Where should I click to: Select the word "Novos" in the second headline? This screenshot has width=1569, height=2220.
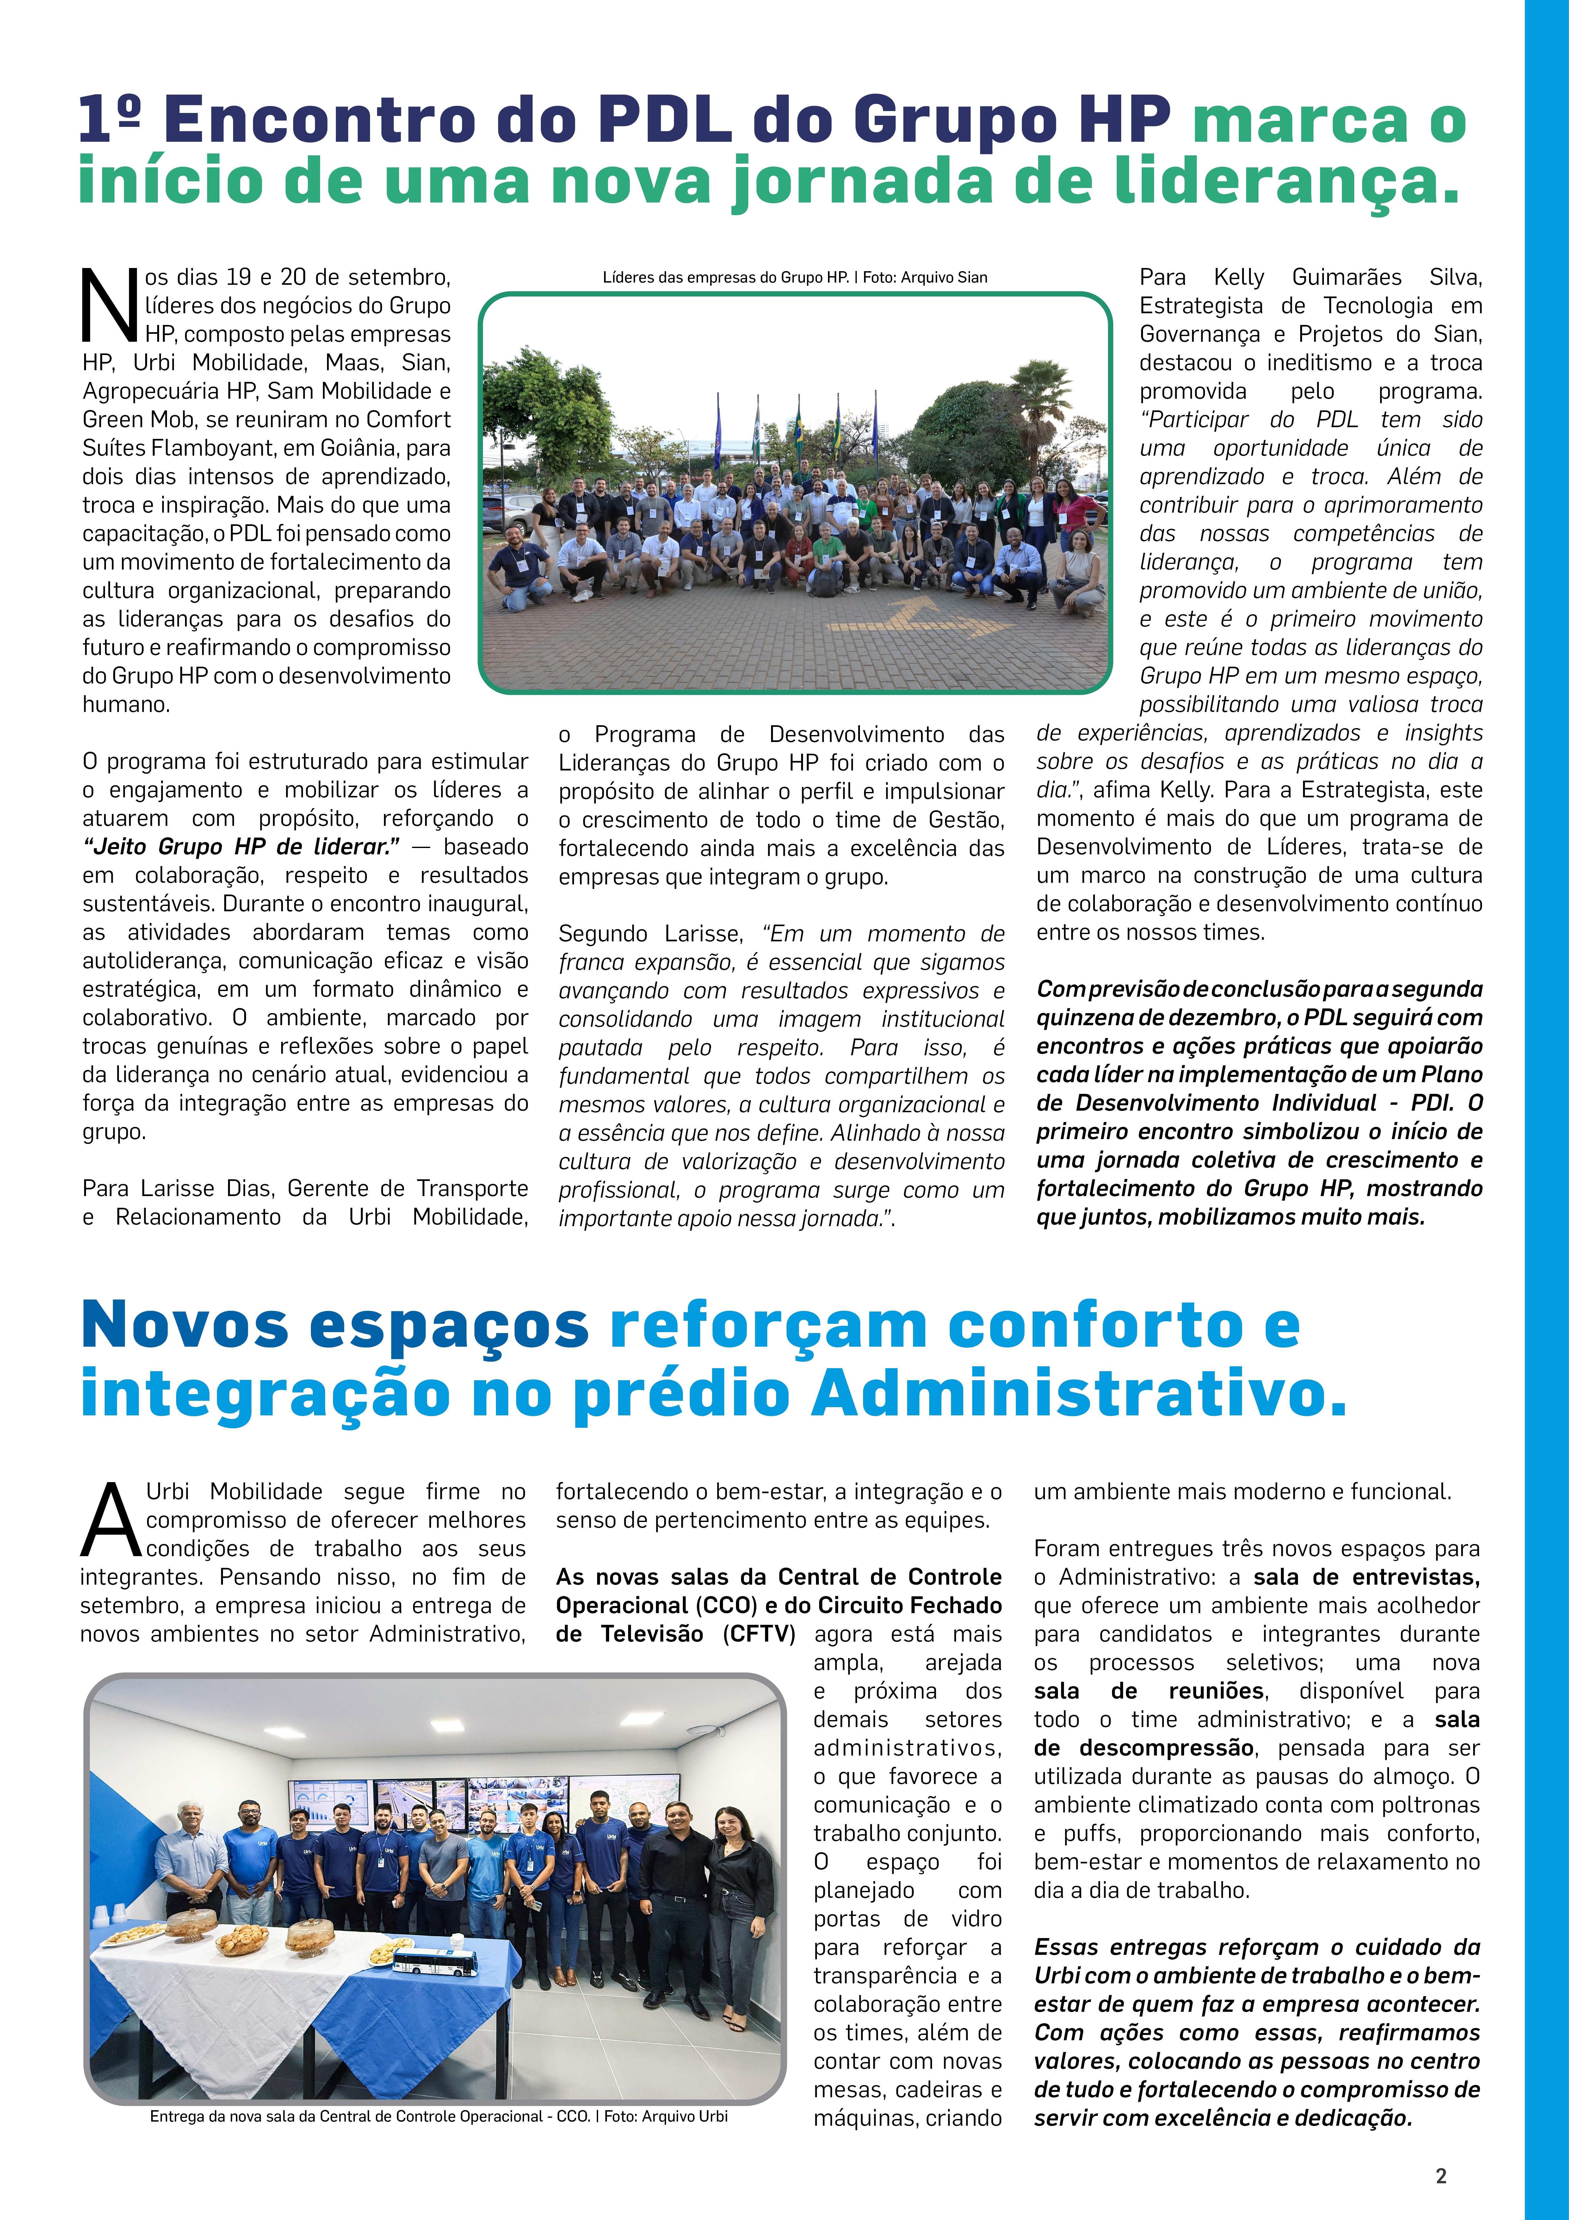185,1325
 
